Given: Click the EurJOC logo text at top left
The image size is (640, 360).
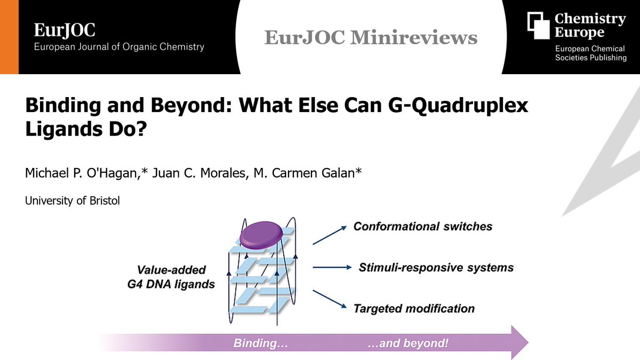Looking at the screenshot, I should point(65,30).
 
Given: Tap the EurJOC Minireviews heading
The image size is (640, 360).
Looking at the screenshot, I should point(371,37).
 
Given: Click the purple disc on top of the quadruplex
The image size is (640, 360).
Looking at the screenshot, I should point(261,235).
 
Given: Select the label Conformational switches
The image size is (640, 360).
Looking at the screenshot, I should point(423,227).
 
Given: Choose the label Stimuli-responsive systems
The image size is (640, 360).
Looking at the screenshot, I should point(436,267).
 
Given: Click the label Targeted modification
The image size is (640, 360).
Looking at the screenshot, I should point(414,308).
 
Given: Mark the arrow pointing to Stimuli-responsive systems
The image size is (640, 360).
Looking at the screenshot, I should point(331,267).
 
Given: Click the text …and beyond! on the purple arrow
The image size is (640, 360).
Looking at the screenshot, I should point(409,342).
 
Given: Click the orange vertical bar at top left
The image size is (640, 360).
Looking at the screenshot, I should point(9,37).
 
